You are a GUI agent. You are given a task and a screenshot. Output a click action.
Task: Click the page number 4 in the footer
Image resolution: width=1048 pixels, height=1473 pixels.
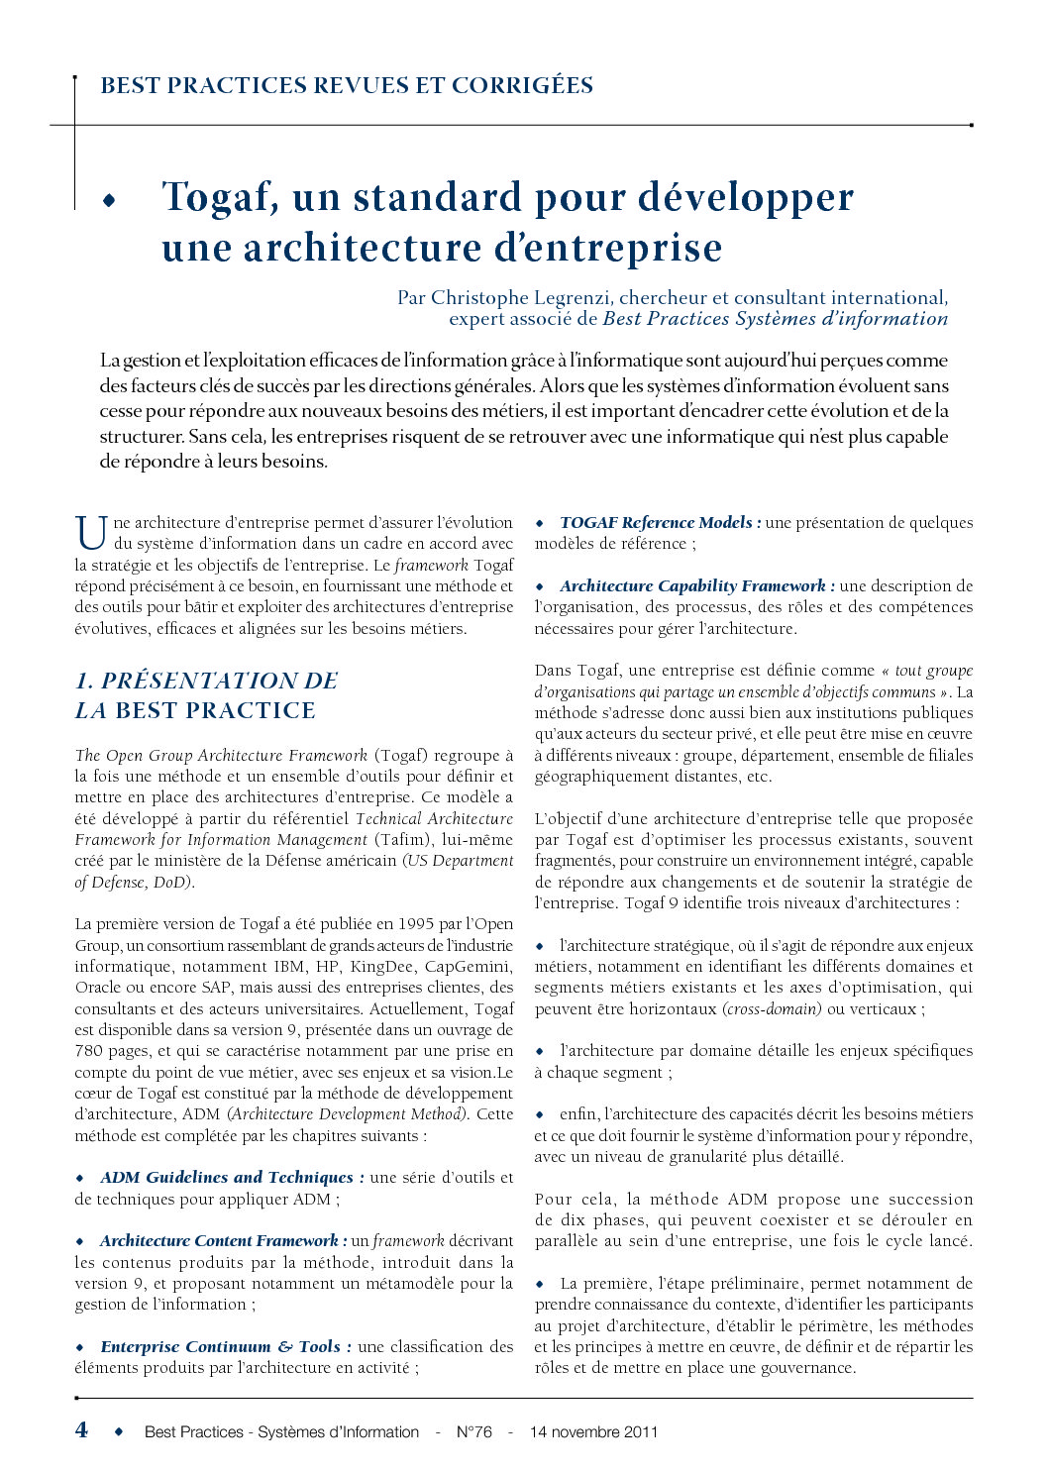point(81,1429)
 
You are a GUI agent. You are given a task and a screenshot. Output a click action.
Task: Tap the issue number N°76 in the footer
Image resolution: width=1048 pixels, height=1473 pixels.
point(473,1431)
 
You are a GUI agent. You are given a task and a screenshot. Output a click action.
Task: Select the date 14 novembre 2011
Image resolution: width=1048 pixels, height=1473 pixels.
point(593,1431)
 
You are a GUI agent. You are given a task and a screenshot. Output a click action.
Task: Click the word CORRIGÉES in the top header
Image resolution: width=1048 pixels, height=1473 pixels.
point(522,85)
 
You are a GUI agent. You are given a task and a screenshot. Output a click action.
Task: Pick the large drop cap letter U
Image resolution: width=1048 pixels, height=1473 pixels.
point(91,532)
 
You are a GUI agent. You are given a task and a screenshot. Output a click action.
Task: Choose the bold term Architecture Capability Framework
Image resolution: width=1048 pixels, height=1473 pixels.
point(691,585)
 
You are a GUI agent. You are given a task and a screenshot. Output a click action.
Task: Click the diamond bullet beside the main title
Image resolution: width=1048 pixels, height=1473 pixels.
point(108,200)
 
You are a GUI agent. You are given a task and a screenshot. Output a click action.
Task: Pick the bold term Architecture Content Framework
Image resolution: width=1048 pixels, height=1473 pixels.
point(219,1240)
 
